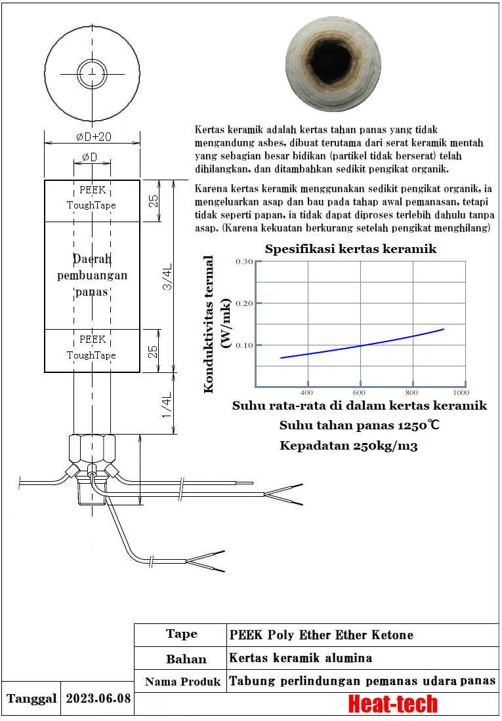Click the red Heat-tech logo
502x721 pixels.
point(392,704)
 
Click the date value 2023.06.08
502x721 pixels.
point(98,698)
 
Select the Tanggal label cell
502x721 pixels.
point(31,698)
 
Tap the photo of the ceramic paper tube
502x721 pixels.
point(334,66)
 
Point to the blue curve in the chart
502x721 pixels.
point(361,345)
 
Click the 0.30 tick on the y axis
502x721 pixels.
point(243,262)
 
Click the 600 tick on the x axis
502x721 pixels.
point(360,393)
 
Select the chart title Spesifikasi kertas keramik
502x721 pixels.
point(350,249)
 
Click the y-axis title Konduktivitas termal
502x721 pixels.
point(209,324)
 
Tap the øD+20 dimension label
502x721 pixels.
point(92,136)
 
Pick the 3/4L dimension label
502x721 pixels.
point(168,277)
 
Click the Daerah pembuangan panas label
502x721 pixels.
point(92,275)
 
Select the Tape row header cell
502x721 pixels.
point(181,634)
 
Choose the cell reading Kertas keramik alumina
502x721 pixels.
point(301,657)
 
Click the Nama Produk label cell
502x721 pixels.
point(182,682)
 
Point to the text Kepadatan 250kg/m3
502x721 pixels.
point(349,446)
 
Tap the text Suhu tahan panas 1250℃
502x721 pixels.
point(360,425)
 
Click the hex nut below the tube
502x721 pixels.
point(92,451)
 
